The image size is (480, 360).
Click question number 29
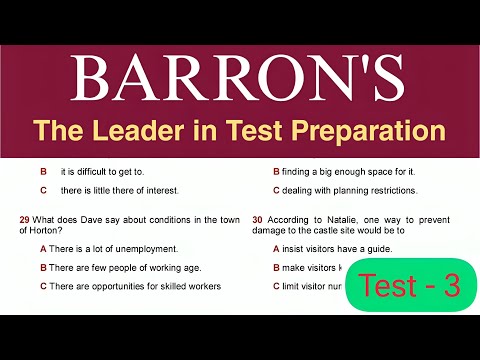[24, 219]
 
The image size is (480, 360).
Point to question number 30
[258, 219]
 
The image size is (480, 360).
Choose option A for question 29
[43, 249]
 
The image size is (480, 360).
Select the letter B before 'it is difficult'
[43, 172]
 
